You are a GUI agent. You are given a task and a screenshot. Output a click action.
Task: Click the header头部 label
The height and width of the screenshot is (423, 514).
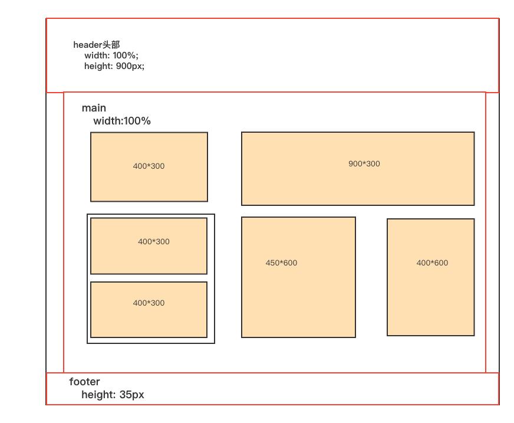pyautogui.click(x=97, y=45)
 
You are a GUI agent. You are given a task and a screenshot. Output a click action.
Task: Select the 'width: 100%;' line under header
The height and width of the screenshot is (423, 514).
pyautogui.click(x=111, y=55)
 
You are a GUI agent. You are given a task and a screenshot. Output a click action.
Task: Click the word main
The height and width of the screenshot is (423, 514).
pyautogui.click(x=94, y=108)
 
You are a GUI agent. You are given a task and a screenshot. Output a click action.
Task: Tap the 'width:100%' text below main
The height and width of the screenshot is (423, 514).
pyautogui.click(x=122, y=121)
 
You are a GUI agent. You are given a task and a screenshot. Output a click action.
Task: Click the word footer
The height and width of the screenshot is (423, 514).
pyautogui.click(x=84, y=382)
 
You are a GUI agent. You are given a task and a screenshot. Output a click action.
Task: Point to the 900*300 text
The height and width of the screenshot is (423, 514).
pyautogui.click(x=364, y=164)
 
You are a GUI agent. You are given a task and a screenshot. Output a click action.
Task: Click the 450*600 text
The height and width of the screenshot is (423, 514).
pyautogui.click(x=281, y=263)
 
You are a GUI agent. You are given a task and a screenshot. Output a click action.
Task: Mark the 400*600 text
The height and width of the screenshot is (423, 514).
pyautogui.click(x=432, y=263)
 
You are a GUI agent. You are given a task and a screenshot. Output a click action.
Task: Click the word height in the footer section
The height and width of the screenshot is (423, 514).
pyautogui.click(x=98, y=395)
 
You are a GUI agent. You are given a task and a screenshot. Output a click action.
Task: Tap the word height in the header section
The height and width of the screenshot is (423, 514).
pyautogui.click(x=98, y=66)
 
